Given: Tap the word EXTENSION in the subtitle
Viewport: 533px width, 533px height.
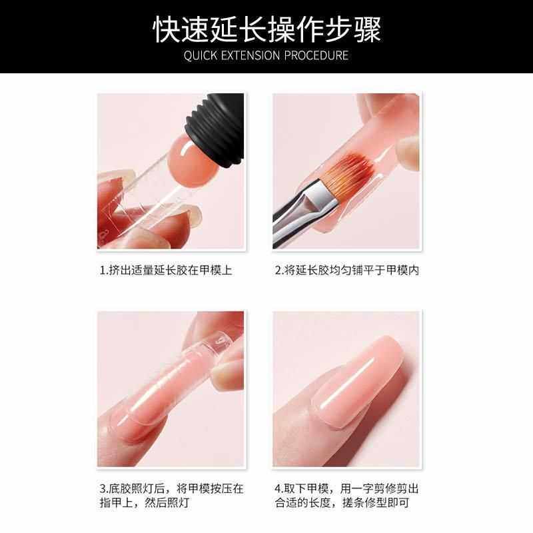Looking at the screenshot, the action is [x=251, y=55].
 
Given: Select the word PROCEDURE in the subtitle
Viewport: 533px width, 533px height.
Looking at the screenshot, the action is [x=316, y=55].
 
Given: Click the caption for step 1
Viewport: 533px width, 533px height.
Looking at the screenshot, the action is [x=166, y=270].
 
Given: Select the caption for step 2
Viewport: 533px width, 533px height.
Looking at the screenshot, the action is [x=347, y=270].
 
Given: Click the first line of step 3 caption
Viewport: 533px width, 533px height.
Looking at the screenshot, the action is [x=172, y=488].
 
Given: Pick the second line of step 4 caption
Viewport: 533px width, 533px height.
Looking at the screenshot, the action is [x=342, y=502].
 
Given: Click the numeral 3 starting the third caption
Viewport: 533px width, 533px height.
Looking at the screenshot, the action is [x=103, y=489].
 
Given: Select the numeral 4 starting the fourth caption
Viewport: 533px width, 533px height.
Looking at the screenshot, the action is [x=278, y=489].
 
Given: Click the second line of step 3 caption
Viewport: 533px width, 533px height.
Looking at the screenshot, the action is [x=144, y=502].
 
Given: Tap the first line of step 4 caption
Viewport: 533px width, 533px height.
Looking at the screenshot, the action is [x=346, y=488].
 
